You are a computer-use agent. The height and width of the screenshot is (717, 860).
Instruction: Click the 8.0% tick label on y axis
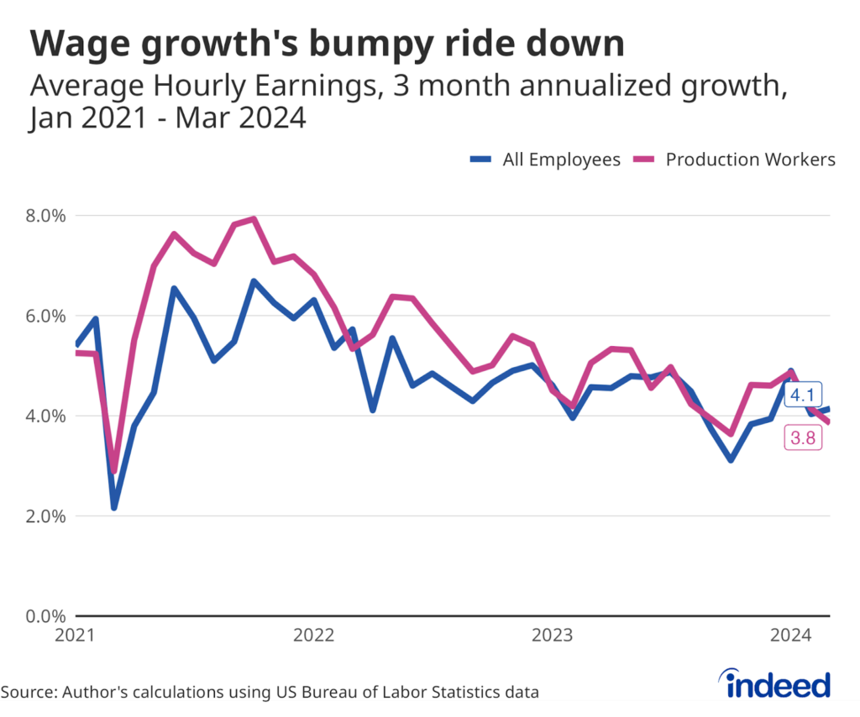(x=41, y=216)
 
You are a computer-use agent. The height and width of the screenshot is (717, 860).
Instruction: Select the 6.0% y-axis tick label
(x=41, y=316)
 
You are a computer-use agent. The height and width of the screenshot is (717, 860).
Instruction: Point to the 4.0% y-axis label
(x=41, y=416)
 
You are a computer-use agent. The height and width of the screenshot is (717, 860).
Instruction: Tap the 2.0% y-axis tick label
(x=41, y=516)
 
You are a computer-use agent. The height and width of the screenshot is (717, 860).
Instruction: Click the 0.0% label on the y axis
(x=41, y=616)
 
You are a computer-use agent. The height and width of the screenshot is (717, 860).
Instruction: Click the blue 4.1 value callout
(x=803, y=394)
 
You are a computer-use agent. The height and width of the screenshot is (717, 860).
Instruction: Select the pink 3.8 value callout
(x=803, y=437)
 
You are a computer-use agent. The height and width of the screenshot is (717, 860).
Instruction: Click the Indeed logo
(x=778, y=684)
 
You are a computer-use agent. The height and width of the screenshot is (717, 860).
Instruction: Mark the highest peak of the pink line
(x=254, y=219)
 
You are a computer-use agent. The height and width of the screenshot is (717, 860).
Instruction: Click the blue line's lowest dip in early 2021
(x=114, y=507)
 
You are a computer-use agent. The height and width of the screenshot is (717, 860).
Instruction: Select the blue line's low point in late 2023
(x=731, y=459)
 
